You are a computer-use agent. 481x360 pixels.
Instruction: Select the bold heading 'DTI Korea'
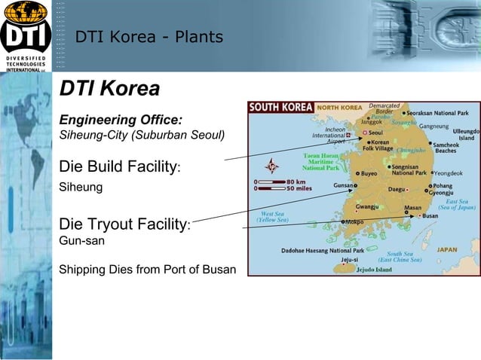coord(109,89)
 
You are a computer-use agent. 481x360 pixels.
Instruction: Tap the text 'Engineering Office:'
coord(121,121)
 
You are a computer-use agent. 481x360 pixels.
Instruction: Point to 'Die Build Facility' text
coord(118,166)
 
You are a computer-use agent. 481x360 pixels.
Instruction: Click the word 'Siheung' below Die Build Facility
coord(81,186)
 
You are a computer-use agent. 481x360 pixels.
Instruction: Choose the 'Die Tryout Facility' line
coord(124,224)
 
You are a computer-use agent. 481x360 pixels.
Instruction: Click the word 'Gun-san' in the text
coord(81,241)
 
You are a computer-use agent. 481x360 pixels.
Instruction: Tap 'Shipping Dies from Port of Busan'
coord(147,269)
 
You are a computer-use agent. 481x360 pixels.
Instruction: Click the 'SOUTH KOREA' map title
coord(280,108)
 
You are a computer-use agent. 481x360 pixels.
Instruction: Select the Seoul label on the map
coord(375,132)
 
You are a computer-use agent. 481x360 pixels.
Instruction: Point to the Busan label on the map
coord(430,215)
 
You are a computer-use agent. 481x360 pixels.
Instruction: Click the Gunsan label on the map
coord(345,185)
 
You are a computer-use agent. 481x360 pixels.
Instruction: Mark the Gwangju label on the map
coord(366,206)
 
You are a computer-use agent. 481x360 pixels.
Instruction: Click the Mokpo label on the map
coord(354,223)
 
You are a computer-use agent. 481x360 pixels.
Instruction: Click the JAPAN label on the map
coord(448,249)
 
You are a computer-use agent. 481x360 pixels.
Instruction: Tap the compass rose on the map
coord(271,166)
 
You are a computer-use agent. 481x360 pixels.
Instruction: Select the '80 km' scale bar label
coord(297,182)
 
